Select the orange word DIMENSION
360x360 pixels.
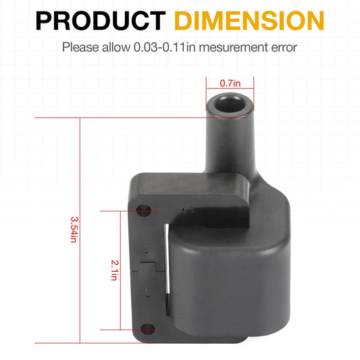(x=251, y=20)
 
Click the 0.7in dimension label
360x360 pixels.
(x=229, y=82)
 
